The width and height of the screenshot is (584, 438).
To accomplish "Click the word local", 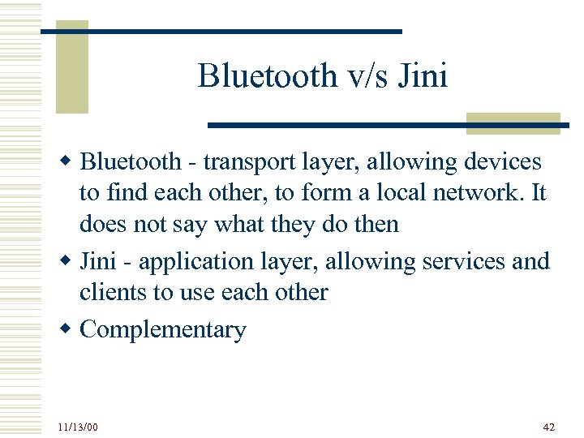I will tap(391, 193).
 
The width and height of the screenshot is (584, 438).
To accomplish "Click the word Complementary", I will tap(163, 330).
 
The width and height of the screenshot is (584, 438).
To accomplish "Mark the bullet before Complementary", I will tap(70, 328).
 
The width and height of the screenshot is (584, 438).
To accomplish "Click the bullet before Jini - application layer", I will tap(70, 260).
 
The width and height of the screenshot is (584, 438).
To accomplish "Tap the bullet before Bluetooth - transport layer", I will tap(70, 161).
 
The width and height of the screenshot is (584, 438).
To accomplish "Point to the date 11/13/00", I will tap(79, 426).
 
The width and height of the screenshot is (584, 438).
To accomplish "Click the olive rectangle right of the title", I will tap(513, 122).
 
